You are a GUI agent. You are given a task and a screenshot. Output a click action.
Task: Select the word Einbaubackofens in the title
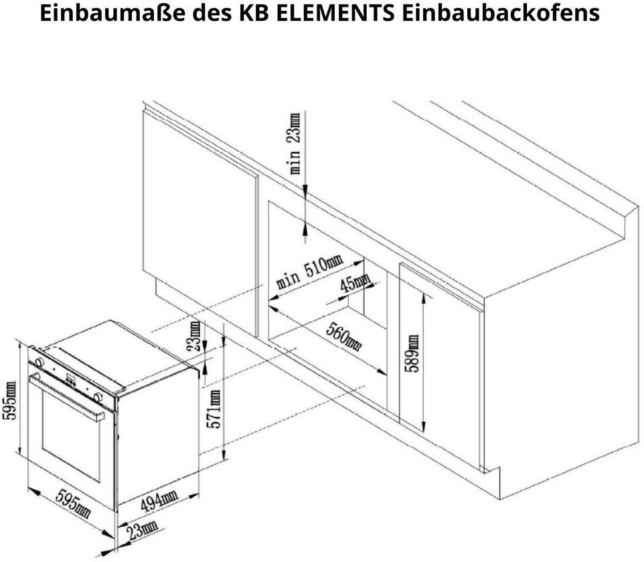501,13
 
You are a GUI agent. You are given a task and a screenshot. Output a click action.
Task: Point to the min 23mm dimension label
295,143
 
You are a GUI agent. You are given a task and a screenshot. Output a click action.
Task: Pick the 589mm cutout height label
412,353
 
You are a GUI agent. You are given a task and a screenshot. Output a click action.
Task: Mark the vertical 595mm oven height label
9,400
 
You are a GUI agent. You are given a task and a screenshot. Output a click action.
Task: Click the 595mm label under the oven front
73,503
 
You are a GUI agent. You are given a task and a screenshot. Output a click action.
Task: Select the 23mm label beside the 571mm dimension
193,336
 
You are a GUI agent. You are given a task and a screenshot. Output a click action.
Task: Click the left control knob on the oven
39,362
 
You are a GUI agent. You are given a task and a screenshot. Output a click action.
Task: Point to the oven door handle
68,396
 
